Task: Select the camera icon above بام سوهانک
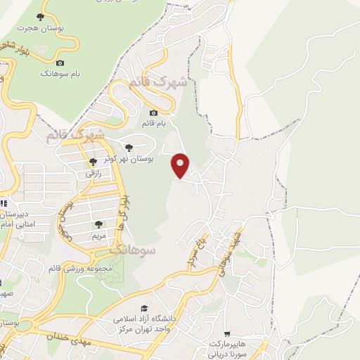60,63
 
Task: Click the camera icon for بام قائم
154,112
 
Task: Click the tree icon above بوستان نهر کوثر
127,148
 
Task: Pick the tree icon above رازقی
93,162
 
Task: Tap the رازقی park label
94,172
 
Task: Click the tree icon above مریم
98,224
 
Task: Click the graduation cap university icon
144,308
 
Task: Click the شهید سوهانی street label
228,250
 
